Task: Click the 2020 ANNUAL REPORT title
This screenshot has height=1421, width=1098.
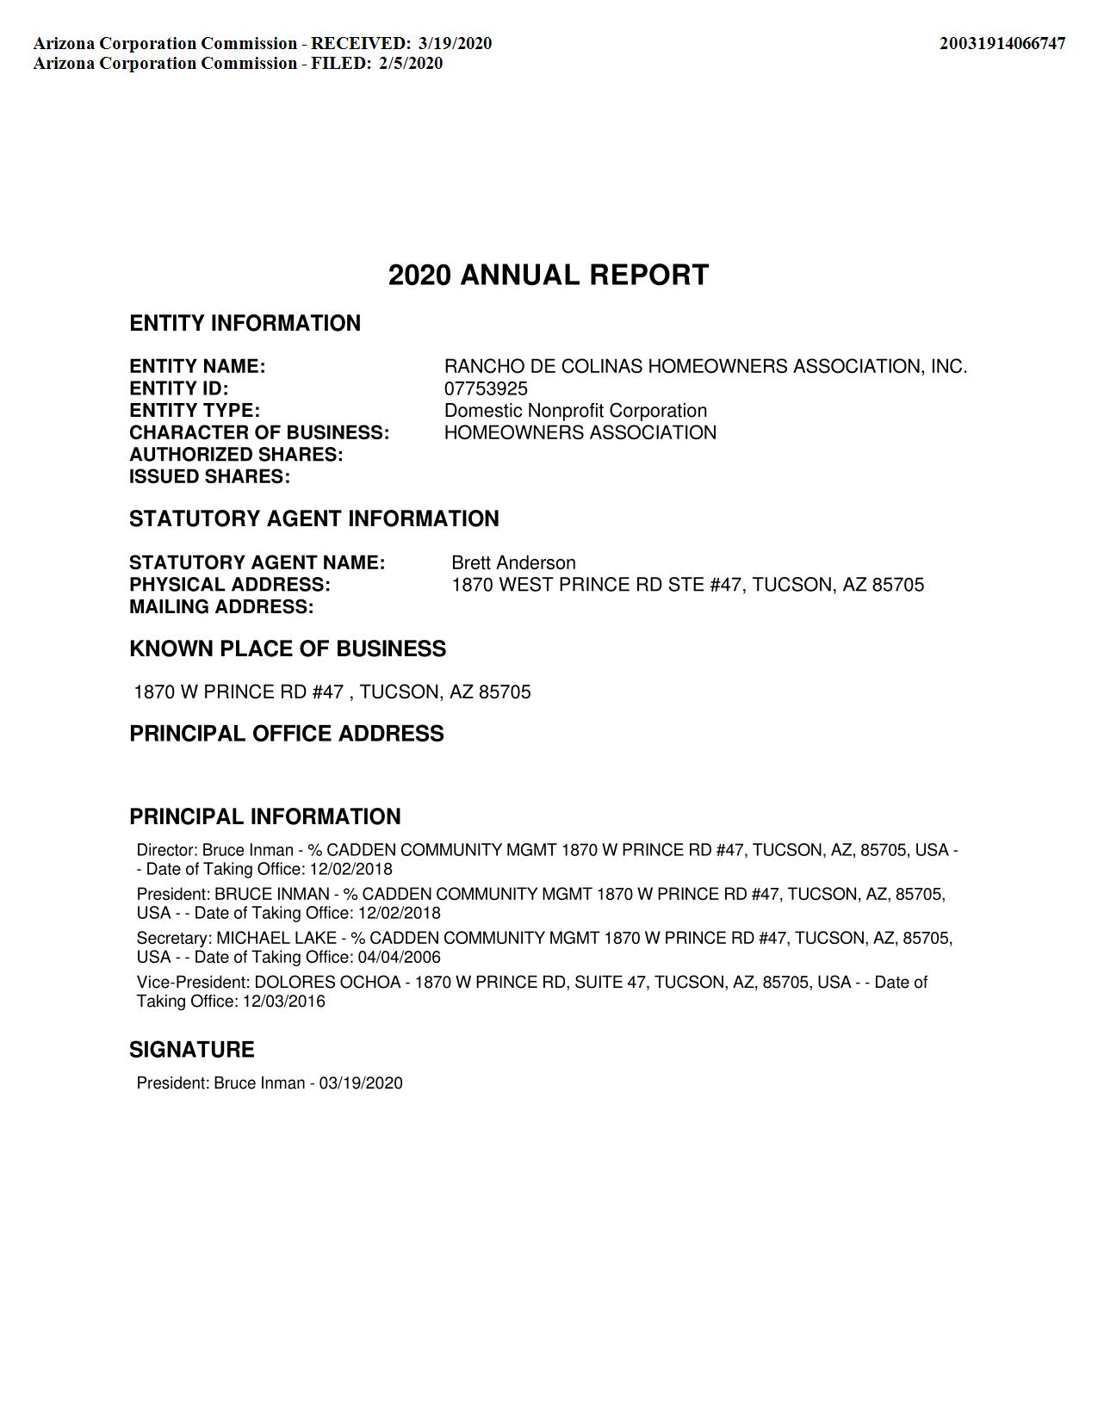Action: pos(549,276)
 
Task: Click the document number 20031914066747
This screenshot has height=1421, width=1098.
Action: pos(1002,44)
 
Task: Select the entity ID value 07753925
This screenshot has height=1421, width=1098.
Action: pos(486,388)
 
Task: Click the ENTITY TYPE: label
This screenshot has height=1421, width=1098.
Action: pos(195,411)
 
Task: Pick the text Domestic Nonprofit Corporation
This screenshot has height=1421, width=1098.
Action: pos(575,411)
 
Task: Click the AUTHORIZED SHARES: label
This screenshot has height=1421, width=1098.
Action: pos(236,455)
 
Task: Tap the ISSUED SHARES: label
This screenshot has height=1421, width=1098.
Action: pos(209,477)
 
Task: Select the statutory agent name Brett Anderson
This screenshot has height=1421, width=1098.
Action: pos(513,563)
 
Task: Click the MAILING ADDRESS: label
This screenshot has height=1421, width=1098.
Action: pos(221,607)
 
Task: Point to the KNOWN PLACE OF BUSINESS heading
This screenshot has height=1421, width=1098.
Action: pos(288,649)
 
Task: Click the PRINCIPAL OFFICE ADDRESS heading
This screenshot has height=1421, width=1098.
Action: pos(287,734)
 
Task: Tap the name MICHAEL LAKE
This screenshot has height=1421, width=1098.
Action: pos(276,938)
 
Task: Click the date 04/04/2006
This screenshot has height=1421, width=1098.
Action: pos(399,957)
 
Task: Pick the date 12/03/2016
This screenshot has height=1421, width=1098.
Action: pos(283,1002)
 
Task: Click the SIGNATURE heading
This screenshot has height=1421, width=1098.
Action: pos(192,1050)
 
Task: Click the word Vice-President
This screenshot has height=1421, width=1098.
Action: pos(192,983)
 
